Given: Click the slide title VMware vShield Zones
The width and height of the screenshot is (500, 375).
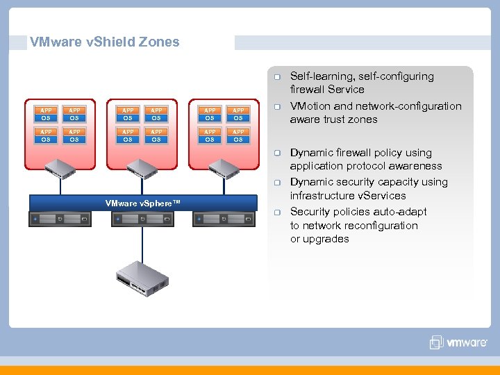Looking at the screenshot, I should (x=104, y=42).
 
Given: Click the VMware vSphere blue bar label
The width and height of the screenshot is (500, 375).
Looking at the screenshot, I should (x=142, y=203).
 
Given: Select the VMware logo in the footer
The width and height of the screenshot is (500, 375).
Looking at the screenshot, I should (x=458, y=342).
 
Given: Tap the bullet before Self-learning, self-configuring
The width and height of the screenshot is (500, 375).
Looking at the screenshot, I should (x=276, y=76).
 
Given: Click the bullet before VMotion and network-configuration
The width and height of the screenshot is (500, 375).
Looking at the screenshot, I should (x=276, y=106).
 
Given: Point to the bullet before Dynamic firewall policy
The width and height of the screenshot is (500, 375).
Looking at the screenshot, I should (x=276, y=153).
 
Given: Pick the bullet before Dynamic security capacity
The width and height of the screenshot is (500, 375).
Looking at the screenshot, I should (x=276, y=183).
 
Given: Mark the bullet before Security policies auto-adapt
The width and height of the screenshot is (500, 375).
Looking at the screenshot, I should (x=276, y=212).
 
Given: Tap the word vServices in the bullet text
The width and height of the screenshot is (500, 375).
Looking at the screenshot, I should (x=382, y=196).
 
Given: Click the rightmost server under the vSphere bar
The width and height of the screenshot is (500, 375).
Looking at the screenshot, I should (x=224, y=219).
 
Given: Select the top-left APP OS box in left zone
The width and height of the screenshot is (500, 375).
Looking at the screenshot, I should (x=46, y=114).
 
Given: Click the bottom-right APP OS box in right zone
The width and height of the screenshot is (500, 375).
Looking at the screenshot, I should (x=238, y=135).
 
